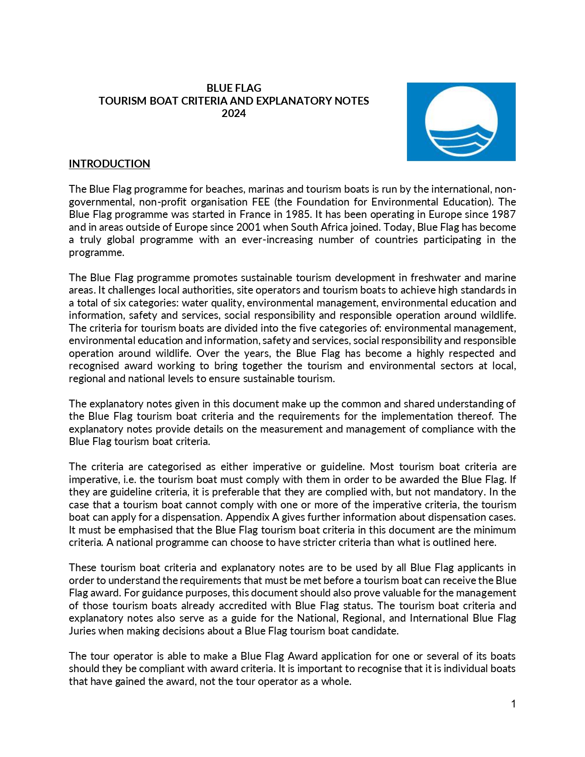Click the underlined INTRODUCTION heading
pos(109,164)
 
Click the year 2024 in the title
pos(234,113)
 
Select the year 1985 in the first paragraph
pos(299,214)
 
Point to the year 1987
pos(503,214)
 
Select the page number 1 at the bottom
pos(513,704)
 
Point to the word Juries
pos(82,631)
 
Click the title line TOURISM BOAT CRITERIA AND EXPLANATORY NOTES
pos(234,101)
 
